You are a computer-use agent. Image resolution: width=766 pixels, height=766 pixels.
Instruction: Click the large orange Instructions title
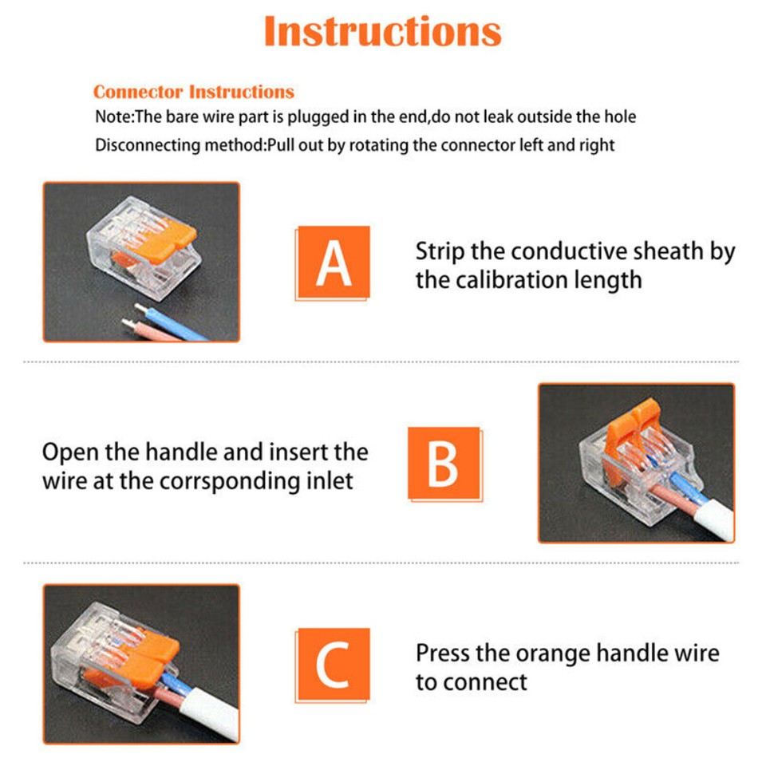pyautogui.click(x=382, y=31)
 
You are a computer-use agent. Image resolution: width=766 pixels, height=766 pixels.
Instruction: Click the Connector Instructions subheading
pyautogui.click(x=194, y=92)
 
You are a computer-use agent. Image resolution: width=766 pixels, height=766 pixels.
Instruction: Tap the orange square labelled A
pyautogui.click(x=334, y=262)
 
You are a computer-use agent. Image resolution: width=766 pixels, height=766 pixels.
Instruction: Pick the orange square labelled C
pyautogui.click(x=334, y=665)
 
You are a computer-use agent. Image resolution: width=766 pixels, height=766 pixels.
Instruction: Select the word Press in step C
pyautogui.click(x=443, y=653)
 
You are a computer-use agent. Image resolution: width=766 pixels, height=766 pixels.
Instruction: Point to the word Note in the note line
pyautogui.click(x=113, y=116)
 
